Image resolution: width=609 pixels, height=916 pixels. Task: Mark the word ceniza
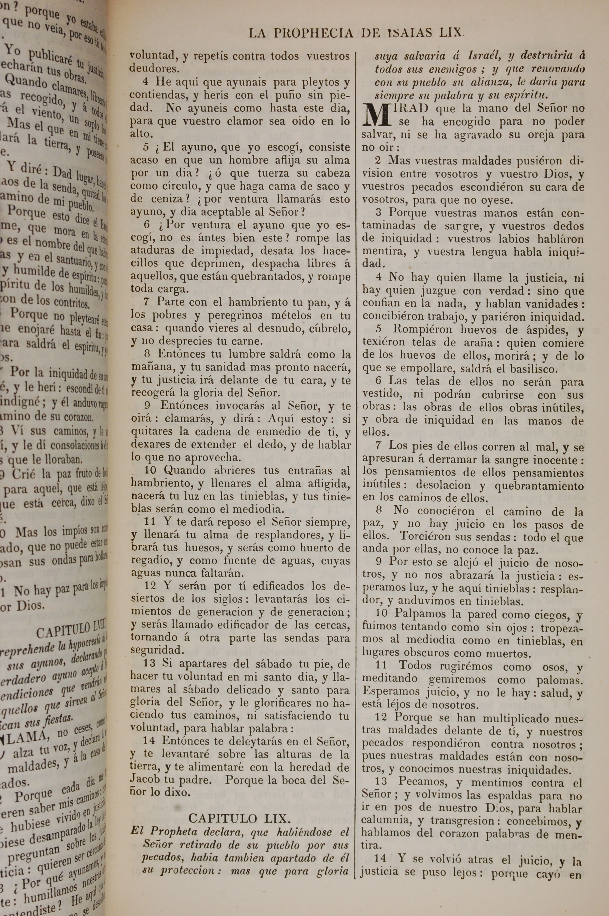(157, 199)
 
